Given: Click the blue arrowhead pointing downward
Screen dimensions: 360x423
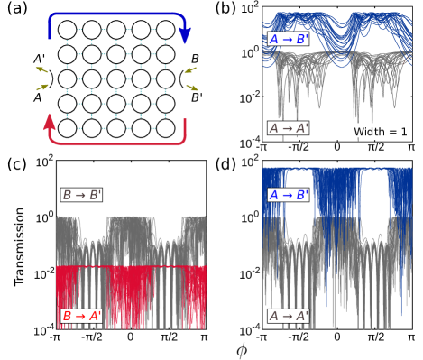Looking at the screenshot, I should [x=185, y=36].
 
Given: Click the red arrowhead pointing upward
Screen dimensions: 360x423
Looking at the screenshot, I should [x=50, y=121].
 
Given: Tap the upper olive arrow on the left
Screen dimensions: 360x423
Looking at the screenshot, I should [x=42, y=69].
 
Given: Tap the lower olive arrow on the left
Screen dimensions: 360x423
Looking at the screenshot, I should [x=42, y=88].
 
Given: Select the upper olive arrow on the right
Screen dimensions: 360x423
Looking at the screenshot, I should [x=190, y=69].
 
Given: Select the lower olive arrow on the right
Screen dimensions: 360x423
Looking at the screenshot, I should [x=191, y=88].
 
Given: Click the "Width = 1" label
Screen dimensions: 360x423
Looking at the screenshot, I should [x=380, y=132].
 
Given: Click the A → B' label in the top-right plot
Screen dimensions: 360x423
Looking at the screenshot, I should [x=289, y=40].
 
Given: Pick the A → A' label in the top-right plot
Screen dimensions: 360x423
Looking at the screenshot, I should [x=289, y=128].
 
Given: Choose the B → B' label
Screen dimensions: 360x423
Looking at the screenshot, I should [x=82, y=195].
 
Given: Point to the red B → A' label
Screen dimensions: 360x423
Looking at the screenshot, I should [x=82, y=316].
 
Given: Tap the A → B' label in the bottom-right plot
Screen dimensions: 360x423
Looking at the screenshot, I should [x=289, y=195].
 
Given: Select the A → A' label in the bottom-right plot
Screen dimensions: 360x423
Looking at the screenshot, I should [x=289, y=316].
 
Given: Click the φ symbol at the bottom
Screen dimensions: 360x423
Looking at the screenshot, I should [x=241, y=350].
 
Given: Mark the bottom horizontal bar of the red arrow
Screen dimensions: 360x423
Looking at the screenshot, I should [x=117, y=143].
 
